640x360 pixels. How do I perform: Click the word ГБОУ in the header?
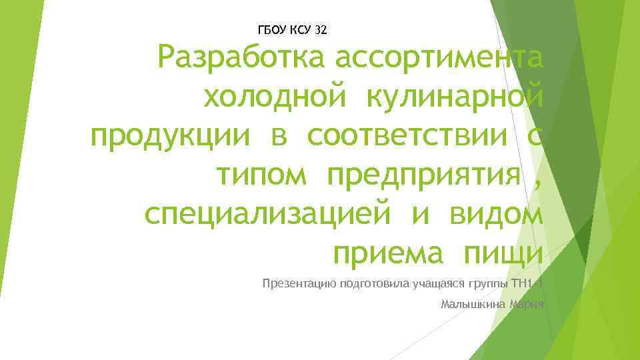(x=271, y=30)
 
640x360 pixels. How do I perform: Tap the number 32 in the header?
(x=320, y=30)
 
